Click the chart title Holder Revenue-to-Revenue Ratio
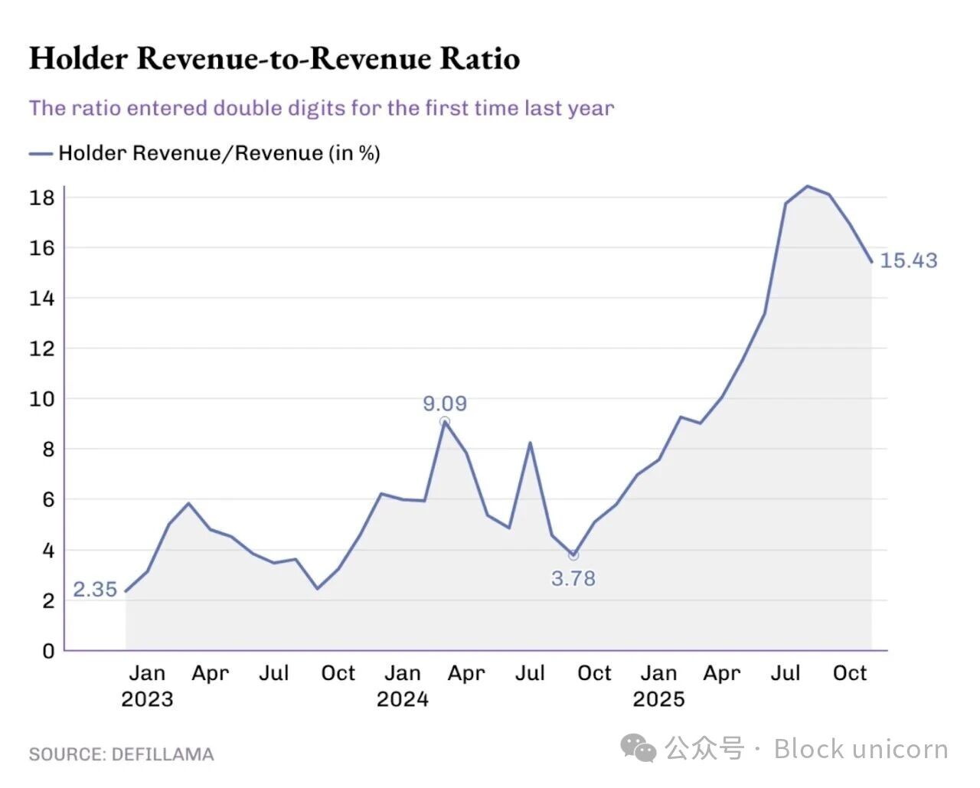(x=274, y=59)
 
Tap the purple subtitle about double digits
(x=322, y=108)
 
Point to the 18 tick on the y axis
(x=42, y=198)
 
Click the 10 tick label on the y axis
(x=42, y=399)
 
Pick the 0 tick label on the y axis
(x=48, y=651)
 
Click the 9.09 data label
(x=445, y=404)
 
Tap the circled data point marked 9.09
(x=445, y=422)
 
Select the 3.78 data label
(x=573, y=579)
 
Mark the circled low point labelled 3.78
(x=573, y=555)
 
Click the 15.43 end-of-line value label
(x=909, y=261)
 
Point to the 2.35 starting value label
(x=95, y=590)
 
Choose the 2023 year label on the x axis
(x=147, y=699)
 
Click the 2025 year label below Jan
(x=658, y=699)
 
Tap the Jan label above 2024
(x=403, y=673)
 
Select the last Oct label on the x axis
(x=850, y=673)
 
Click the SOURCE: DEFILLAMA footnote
(x=121, y=754)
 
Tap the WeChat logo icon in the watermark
(x=638, y=748)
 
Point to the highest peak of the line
(x=808, y=186)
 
